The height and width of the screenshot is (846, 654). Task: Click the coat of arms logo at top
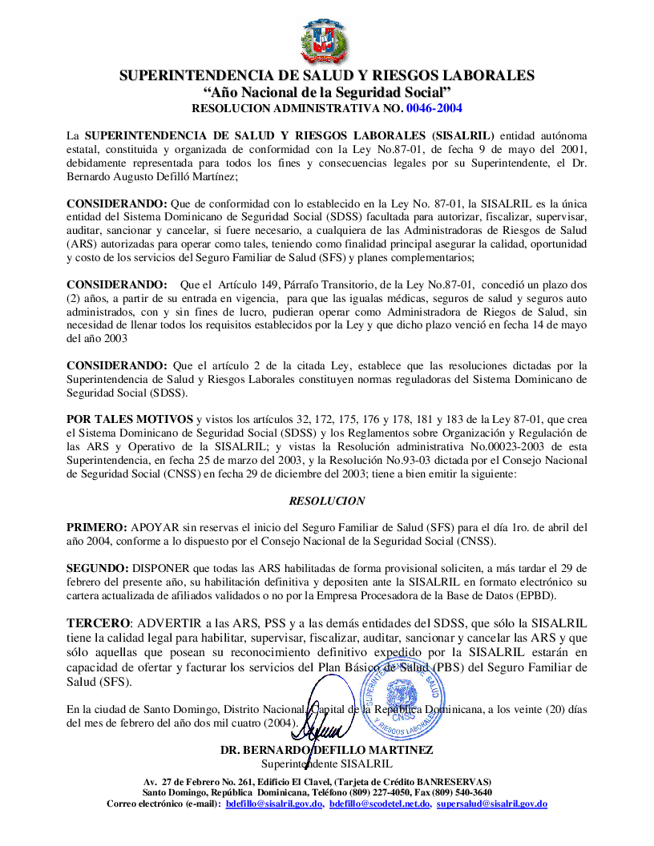(x=326, y=41)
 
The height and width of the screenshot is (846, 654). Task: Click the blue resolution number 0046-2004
(x=434, y=107)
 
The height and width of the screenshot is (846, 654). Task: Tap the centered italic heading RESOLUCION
(x=327, y=501)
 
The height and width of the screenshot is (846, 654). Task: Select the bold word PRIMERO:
(x=96, y=527)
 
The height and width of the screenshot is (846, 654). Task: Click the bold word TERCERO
(x=98, y=622)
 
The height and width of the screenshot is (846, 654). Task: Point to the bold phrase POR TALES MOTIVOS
(x=129, y=419)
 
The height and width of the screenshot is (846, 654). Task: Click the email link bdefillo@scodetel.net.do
(x=380, y=803)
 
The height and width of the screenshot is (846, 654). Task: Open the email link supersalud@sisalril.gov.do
(x=491, y=803)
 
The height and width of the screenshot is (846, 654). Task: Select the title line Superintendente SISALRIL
(x=327, y=763)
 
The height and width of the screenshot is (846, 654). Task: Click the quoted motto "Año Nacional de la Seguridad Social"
(x=326, y=92)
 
